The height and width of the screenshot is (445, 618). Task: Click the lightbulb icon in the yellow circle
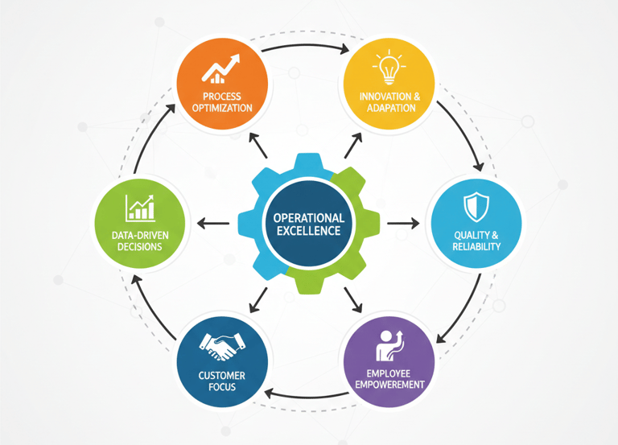[389, 68]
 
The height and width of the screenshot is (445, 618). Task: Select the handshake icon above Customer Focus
[220, 347]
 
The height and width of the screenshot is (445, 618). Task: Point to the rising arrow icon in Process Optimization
[222, 70]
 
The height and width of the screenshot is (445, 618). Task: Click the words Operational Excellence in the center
[308, 225]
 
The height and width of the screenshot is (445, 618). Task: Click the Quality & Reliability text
[476, 241]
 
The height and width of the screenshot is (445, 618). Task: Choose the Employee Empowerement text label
[389, 379]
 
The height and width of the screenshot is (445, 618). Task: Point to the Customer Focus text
[221, 381]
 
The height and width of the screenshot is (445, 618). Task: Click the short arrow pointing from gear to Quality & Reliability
[402, 223]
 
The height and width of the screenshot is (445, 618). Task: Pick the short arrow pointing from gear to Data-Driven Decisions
[213, 223]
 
